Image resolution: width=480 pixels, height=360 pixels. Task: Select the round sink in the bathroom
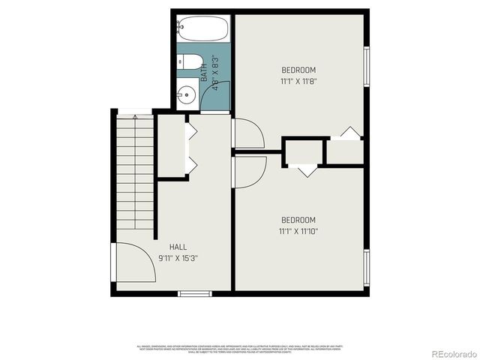click(187, 95)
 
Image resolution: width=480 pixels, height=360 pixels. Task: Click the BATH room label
click(204, 71)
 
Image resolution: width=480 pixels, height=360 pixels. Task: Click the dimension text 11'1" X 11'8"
click(298, 81)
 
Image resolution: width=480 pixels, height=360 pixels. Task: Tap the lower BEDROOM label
click(298, 220)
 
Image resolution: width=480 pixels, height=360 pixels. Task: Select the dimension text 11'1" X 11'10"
click(298, 231)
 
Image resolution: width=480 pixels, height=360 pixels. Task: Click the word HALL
click(178, 247)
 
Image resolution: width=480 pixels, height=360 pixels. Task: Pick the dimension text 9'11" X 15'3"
click(178, 258)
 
